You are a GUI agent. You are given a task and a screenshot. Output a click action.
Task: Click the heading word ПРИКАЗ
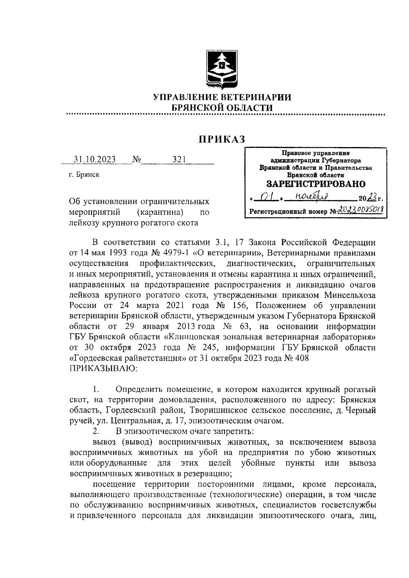[x=222, y=139]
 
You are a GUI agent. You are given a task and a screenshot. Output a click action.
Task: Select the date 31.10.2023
[x=95, y=159]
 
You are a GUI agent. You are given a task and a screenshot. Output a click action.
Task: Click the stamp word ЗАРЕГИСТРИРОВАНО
[x=316, y=184]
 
